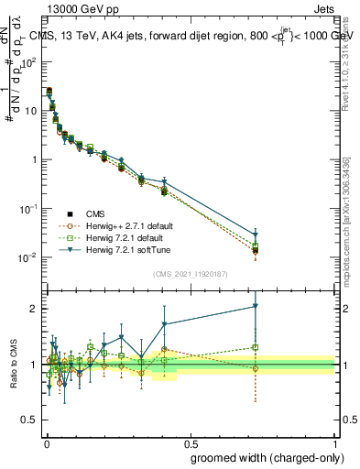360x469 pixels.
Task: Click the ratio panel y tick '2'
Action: point(35,309)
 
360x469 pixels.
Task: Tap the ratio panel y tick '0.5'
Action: point(30,422)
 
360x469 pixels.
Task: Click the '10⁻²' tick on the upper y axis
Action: point(29,256)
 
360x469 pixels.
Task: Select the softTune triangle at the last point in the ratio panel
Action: point(256,307)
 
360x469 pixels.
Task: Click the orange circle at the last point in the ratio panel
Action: point(256,368)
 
